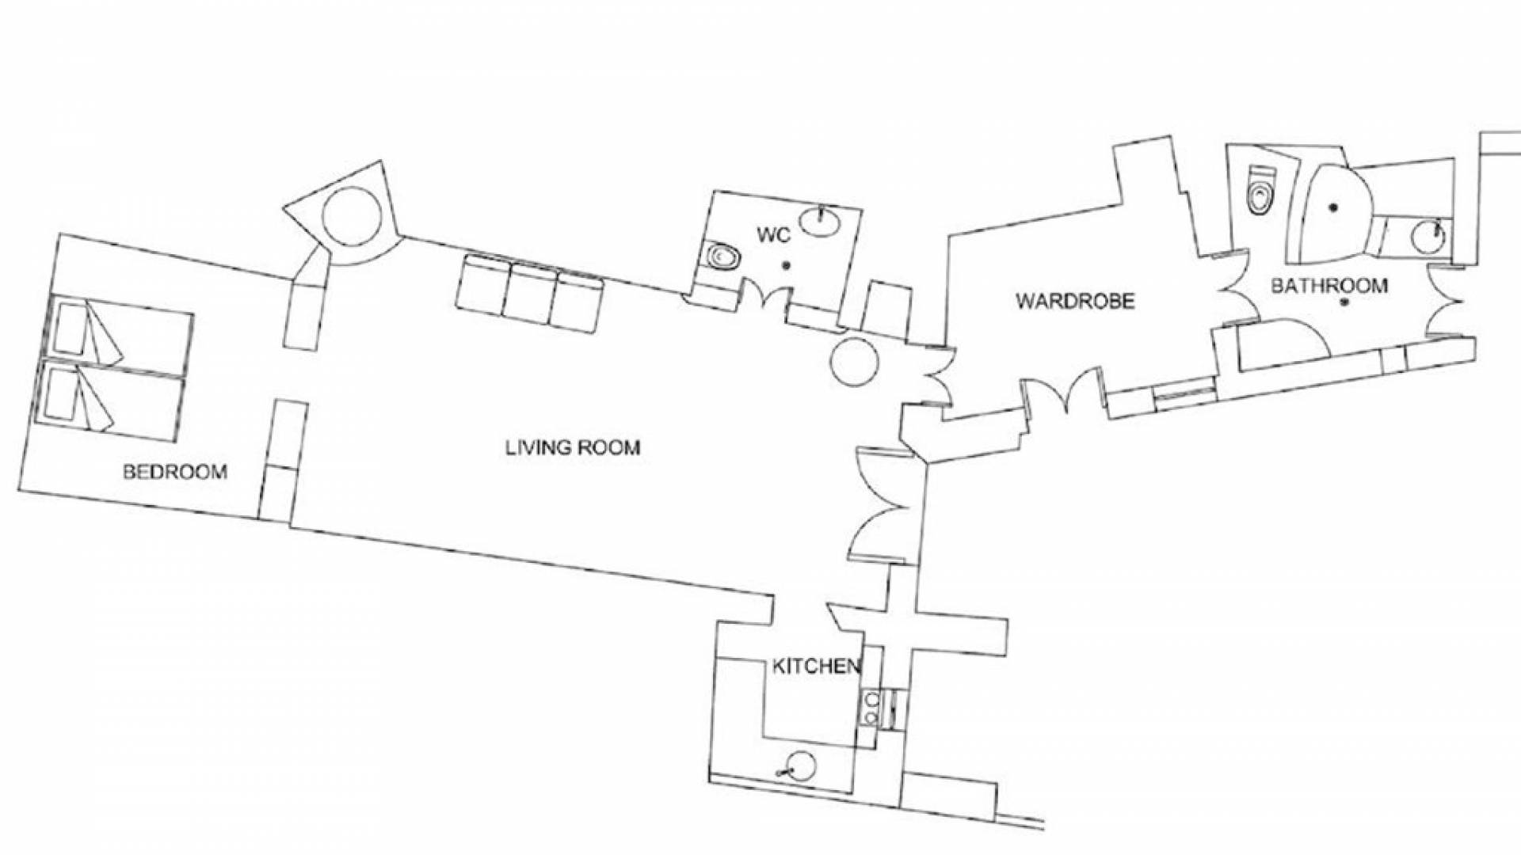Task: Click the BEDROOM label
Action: (175, 473)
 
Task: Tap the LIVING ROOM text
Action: (573, 448)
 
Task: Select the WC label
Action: (773, 235)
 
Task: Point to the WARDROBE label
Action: (1075, 301)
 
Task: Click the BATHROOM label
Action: (1329, 286)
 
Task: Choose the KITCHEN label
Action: (816, 667)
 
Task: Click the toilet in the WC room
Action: (722, 257)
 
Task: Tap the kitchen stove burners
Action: (872, 708)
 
